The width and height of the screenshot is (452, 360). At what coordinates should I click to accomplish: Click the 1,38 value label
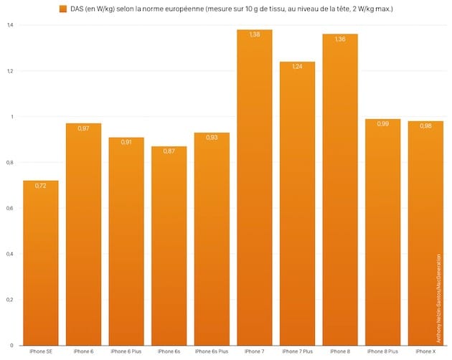pos(255,34)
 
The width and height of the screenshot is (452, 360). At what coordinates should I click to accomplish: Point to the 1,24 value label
pos(297,66)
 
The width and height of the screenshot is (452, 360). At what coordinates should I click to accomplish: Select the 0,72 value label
pos(41,185)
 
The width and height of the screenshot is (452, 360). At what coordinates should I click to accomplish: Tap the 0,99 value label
pos(382,123)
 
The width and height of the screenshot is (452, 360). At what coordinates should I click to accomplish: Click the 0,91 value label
pos(126,142)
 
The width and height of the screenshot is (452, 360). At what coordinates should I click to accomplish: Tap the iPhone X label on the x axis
pos(425,351)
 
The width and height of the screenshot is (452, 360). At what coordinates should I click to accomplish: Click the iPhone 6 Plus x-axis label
pos(126,351)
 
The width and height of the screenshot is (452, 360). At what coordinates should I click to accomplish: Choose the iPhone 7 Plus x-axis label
pos(297,351)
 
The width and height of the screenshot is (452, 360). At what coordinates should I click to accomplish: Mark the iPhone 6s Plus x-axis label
pos(212,351)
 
